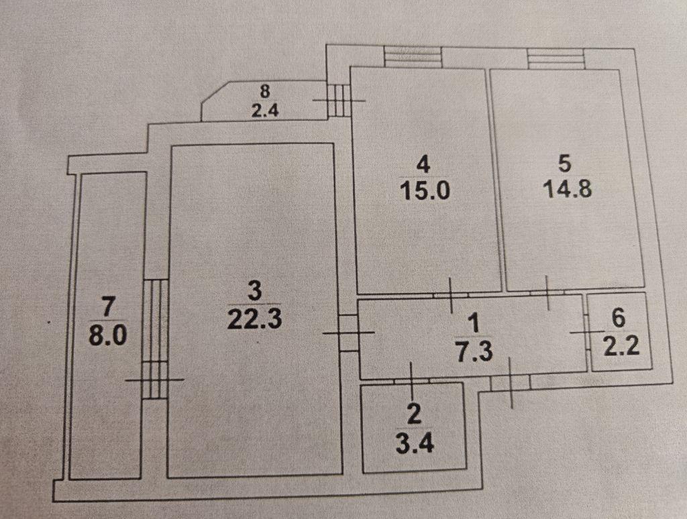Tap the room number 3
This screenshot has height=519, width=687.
point(254,290)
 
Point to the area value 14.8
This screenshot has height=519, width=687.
point(568,189)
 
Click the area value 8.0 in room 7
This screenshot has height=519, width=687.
point(108,335)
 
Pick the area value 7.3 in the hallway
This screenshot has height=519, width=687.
point(474,351)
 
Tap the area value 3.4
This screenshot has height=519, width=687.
point(415,444)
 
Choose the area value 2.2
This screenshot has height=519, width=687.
point(621,347)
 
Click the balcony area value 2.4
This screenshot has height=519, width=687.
point(265,111)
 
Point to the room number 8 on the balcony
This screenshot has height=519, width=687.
point(265,92)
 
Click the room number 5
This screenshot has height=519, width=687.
point(565,163)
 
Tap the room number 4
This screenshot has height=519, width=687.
point(423,165)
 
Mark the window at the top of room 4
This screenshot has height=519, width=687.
point(413,56)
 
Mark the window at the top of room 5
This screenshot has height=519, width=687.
point(556,58)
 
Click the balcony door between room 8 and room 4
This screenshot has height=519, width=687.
point(339,101)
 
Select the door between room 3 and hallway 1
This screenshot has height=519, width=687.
point(349,333)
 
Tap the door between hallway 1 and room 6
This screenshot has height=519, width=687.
point(588,333)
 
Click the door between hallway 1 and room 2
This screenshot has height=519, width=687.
point(411,381)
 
